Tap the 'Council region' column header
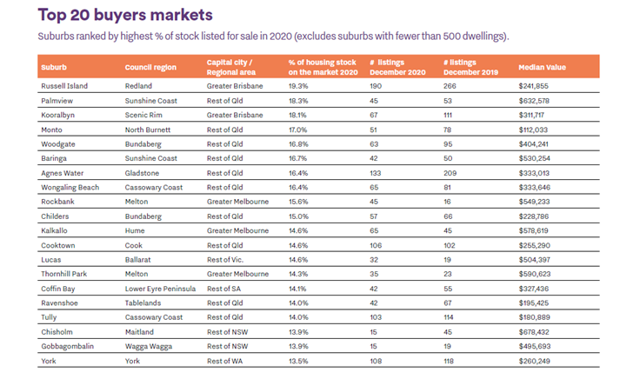(x=151, y=67)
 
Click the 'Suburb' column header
(x=53, y=67)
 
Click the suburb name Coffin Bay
(x=59, y=288)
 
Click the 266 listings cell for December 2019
(x=450, y=87)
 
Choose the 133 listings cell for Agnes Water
(x=375, y=173)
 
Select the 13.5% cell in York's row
(x=298, y=359)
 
